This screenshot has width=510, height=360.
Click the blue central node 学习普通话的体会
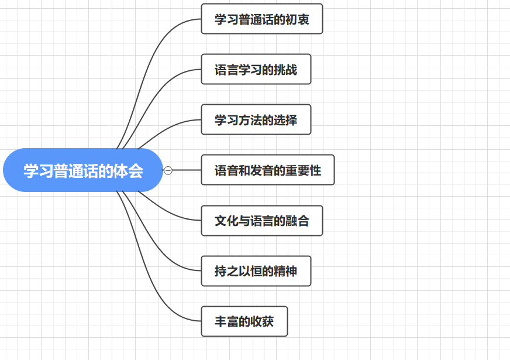point(82,170)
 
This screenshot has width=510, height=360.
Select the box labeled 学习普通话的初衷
point(261,19)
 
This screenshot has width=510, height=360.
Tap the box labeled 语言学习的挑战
point(256,70)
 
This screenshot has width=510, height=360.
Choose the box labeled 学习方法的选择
point(256,120)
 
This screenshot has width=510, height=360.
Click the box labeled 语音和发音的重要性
point(267,170)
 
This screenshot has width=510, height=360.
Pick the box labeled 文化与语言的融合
point(261,221)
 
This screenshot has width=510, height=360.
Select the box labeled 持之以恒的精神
point(256,271)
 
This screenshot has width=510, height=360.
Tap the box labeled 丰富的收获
point(244,321)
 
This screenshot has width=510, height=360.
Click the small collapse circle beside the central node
point(168,170)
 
